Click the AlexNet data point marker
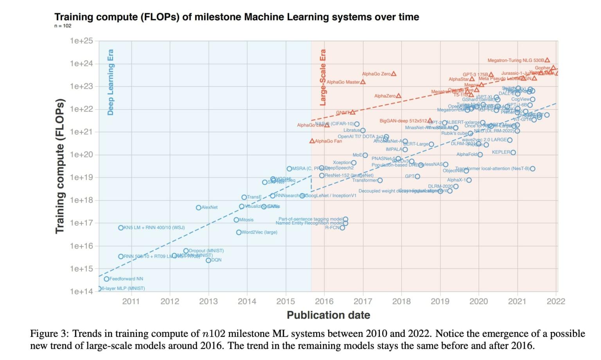point(198,207)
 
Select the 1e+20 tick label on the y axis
point(81,155)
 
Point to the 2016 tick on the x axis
point(324,301)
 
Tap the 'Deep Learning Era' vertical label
point(110,82)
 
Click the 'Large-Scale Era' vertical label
point(323,77)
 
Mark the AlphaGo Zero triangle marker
point(394,74)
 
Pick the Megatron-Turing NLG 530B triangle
point(547,60)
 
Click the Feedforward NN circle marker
point(106,279)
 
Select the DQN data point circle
point(208,260)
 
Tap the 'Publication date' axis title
point(328,315)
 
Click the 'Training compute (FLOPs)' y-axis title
point(59,166)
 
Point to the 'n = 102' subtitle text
point(63,26)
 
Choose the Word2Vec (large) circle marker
point(239,232)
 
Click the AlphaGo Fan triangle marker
point(312,141)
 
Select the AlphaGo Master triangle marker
point(363,82)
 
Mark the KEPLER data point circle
point(513,152)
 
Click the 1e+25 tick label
point(81,41)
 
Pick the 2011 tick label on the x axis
point(131,301)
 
